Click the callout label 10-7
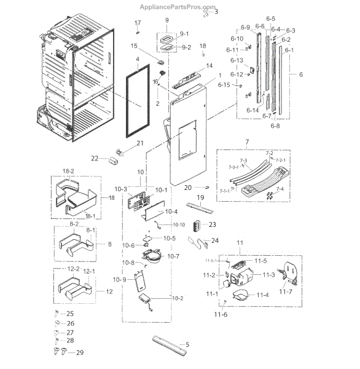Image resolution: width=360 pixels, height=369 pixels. [173, 256]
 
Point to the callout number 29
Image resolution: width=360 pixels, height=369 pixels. [79, 352]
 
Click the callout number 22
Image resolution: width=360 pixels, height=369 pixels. [95, 158]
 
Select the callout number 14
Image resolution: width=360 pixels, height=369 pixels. [209, 66]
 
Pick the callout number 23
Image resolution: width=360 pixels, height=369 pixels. [213, 224]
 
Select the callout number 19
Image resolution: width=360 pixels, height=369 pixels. [199, 196]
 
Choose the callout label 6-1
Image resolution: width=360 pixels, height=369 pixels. [289, 50]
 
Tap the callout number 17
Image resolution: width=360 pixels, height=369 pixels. [138, 23]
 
